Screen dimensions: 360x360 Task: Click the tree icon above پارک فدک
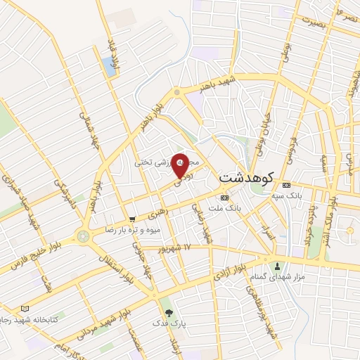[167, 312]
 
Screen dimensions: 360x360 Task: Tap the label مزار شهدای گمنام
[278, 278]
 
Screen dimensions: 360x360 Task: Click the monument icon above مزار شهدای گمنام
[278, 266]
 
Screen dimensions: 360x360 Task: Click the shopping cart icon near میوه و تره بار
[132, 219]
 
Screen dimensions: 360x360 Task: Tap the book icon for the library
[26, 308]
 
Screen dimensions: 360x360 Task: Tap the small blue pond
[109, 66]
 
